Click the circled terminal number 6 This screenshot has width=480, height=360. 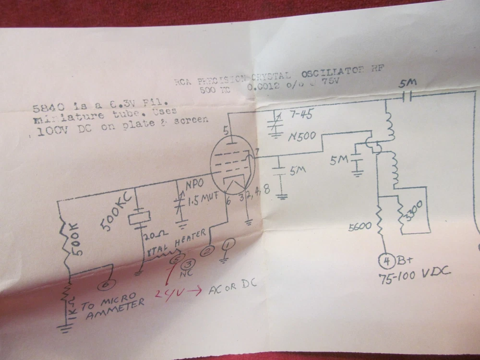click(104, 284)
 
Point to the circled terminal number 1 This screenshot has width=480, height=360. click(228, 245)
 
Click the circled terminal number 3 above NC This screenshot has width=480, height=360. click(190, 264)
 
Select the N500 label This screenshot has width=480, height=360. click(302, 136)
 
